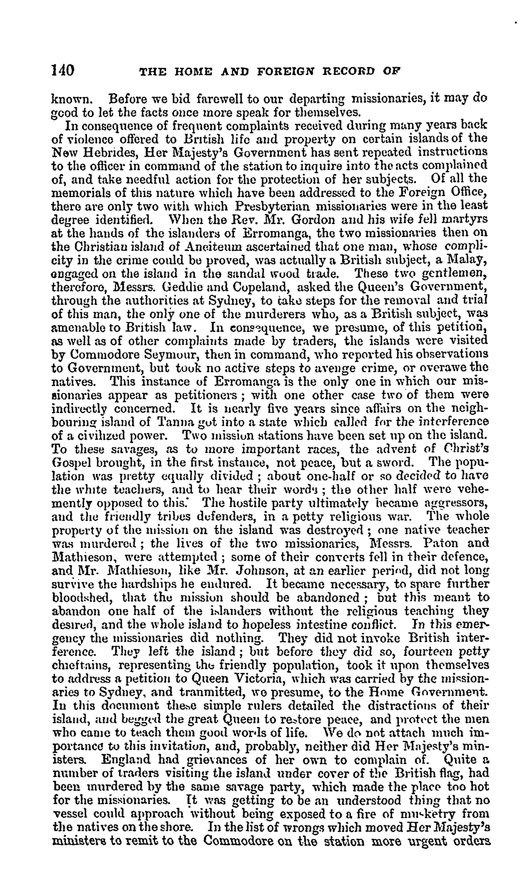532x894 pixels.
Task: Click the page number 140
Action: [x=63, y=70]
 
